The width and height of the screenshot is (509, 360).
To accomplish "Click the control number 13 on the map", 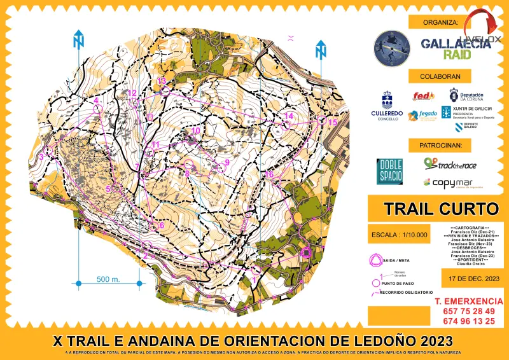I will tap(162, 81).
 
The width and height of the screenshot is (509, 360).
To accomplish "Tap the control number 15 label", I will tap(332, 123).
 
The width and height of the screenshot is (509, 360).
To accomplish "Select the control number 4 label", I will tap(96, 100).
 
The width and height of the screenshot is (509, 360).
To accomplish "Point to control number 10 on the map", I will tap(196, 130).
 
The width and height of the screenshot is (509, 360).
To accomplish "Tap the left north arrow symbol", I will tap(79, 39).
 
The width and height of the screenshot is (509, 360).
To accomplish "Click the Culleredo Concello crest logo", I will tap(387, 100).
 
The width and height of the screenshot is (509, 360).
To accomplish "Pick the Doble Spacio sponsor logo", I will tap(389, 171).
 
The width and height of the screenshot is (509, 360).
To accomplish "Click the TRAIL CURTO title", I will tap(433, 208).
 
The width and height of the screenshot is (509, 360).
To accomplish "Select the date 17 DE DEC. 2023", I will tap(470, 278).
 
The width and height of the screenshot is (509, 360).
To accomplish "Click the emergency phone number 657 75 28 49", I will tap(464, 310).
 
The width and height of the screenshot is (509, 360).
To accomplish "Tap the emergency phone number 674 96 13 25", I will tap(464, 321).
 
